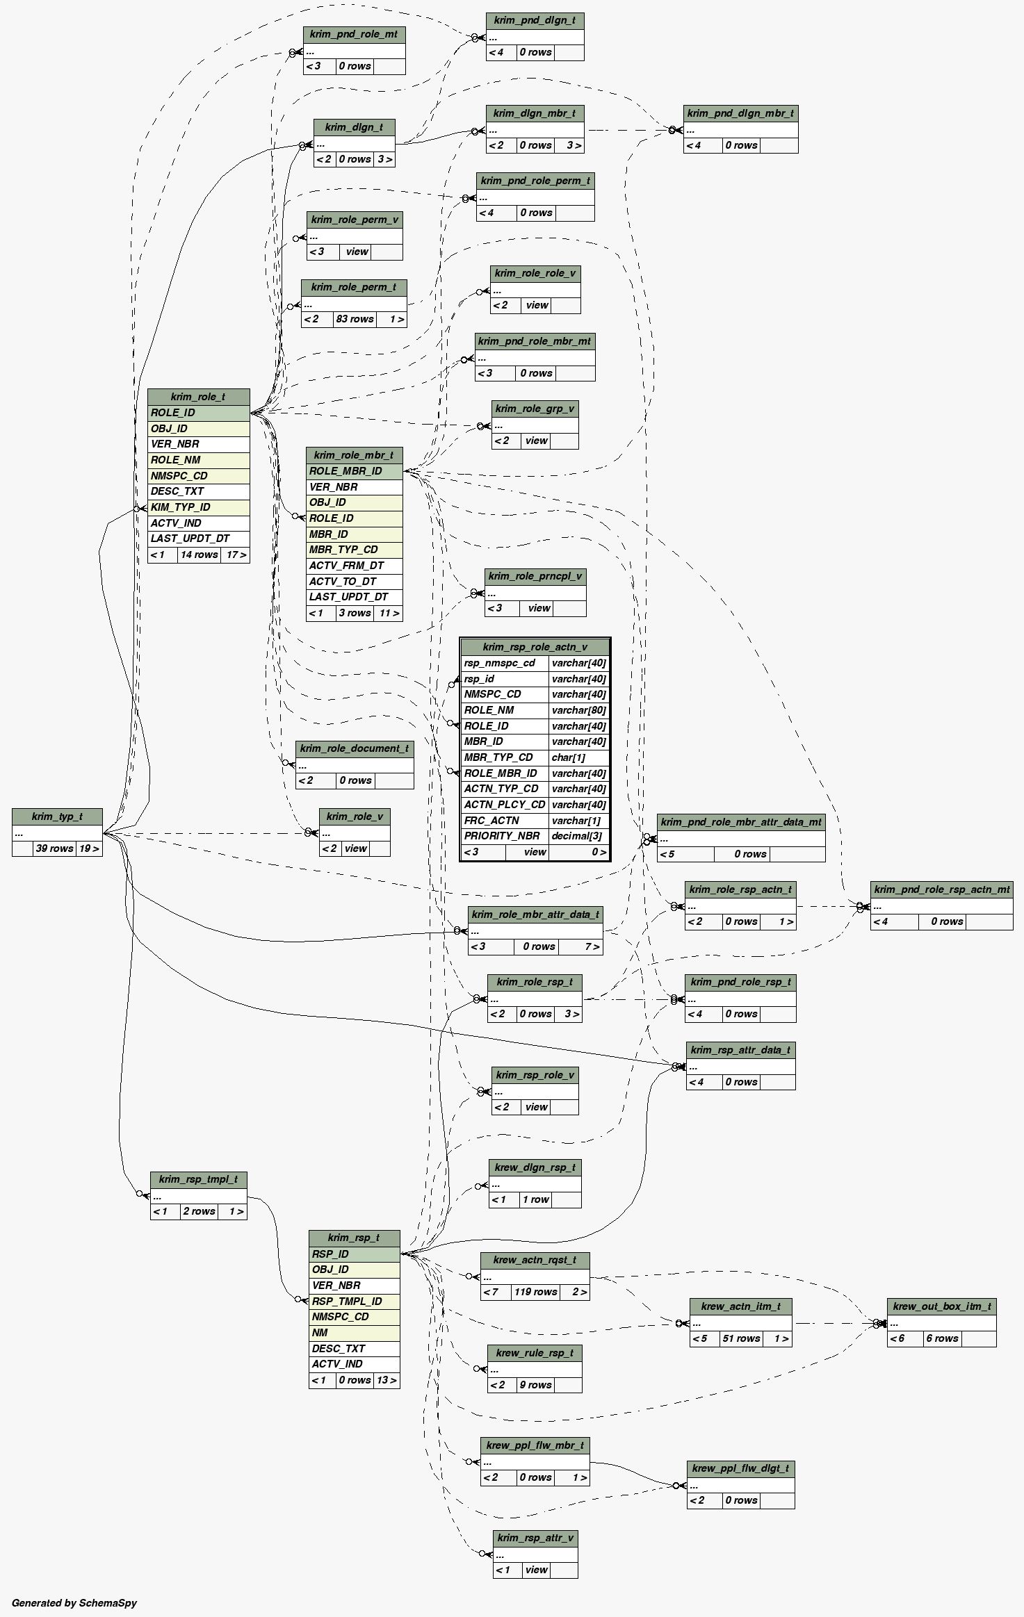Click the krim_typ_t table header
57,816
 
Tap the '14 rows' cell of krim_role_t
199,555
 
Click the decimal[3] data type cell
578,836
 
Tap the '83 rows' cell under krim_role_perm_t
355,319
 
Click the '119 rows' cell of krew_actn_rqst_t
535,1292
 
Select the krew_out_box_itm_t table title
941,1306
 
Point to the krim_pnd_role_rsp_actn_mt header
941,889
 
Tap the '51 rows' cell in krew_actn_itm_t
741,1338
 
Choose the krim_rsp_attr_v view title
535,1538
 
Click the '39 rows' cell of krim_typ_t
54,848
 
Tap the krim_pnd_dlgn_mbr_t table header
740,113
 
